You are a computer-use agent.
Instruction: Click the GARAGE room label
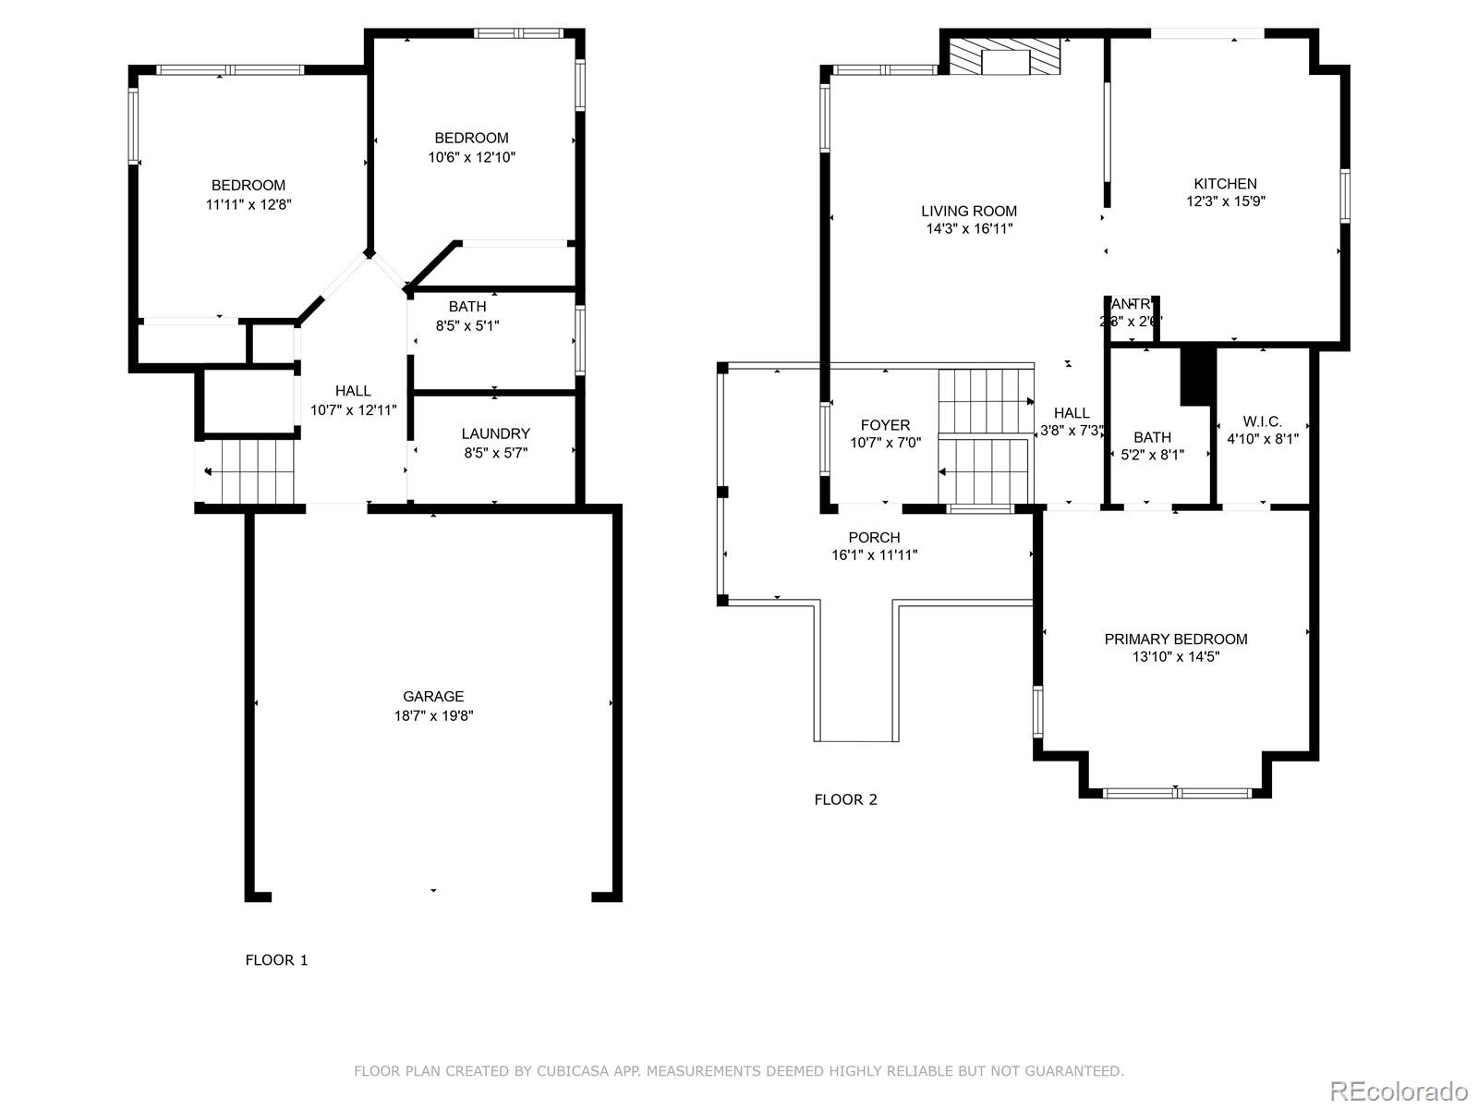click(432, 697)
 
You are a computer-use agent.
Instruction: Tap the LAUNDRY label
click(495, 433)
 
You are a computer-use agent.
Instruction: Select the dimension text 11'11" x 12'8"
click(248, 204)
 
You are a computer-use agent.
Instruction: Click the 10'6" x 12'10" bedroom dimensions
click(471, 157)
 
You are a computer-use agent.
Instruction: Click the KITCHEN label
click(1225, 183)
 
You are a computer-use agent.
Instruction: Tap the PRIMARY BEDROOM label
click(1175, 639)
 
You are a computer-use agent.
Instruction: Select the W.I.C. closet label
click(1262, 421)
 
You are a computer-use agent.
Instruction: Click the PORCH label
click(874, 537)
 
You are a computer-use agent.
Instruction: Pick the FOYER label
click(885, 425)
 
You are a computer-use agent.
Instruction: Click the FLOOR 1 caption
click(276, 960)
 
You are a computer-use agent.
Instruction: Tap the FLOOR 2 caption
click(845, 799)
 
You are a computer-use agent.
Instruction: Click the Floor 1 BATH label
click(467, 307)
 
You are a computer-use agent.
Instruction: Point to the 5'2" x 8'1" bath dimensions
click(1152, 455)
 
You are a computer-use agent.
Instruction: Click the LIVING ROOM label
click(968, 211)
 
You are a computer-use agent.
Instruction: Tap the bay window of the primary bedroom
click(1176, 792)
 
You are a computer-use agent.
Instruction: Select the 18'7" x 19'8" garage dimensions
click(433, 715)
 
